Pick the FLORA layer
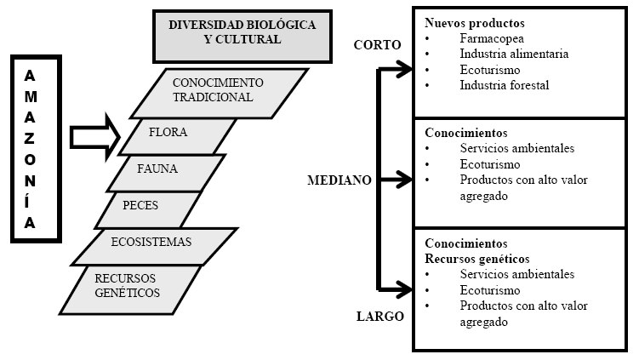(180, 133)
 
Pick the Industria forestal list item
(505, 84)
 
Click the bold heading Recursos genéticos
(476, 258)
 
